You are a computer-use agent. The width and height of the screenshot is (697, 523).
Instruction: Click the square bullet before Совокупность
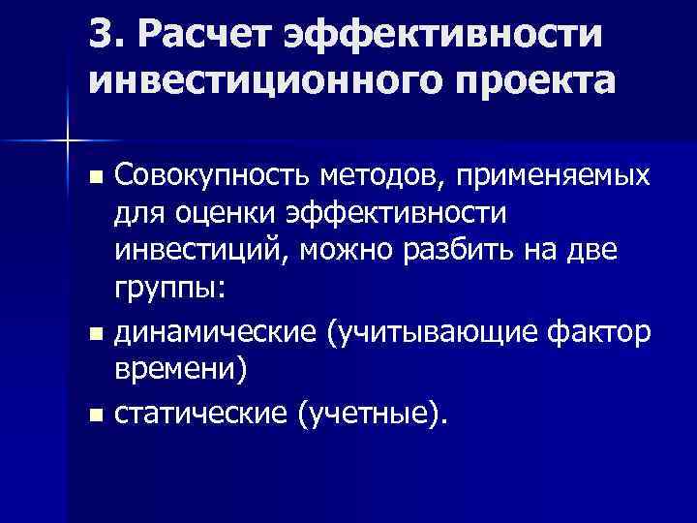coord(95,179)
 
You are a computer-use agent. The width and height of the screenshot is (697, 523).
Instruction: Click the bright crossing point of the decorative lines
coord(68,140)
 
